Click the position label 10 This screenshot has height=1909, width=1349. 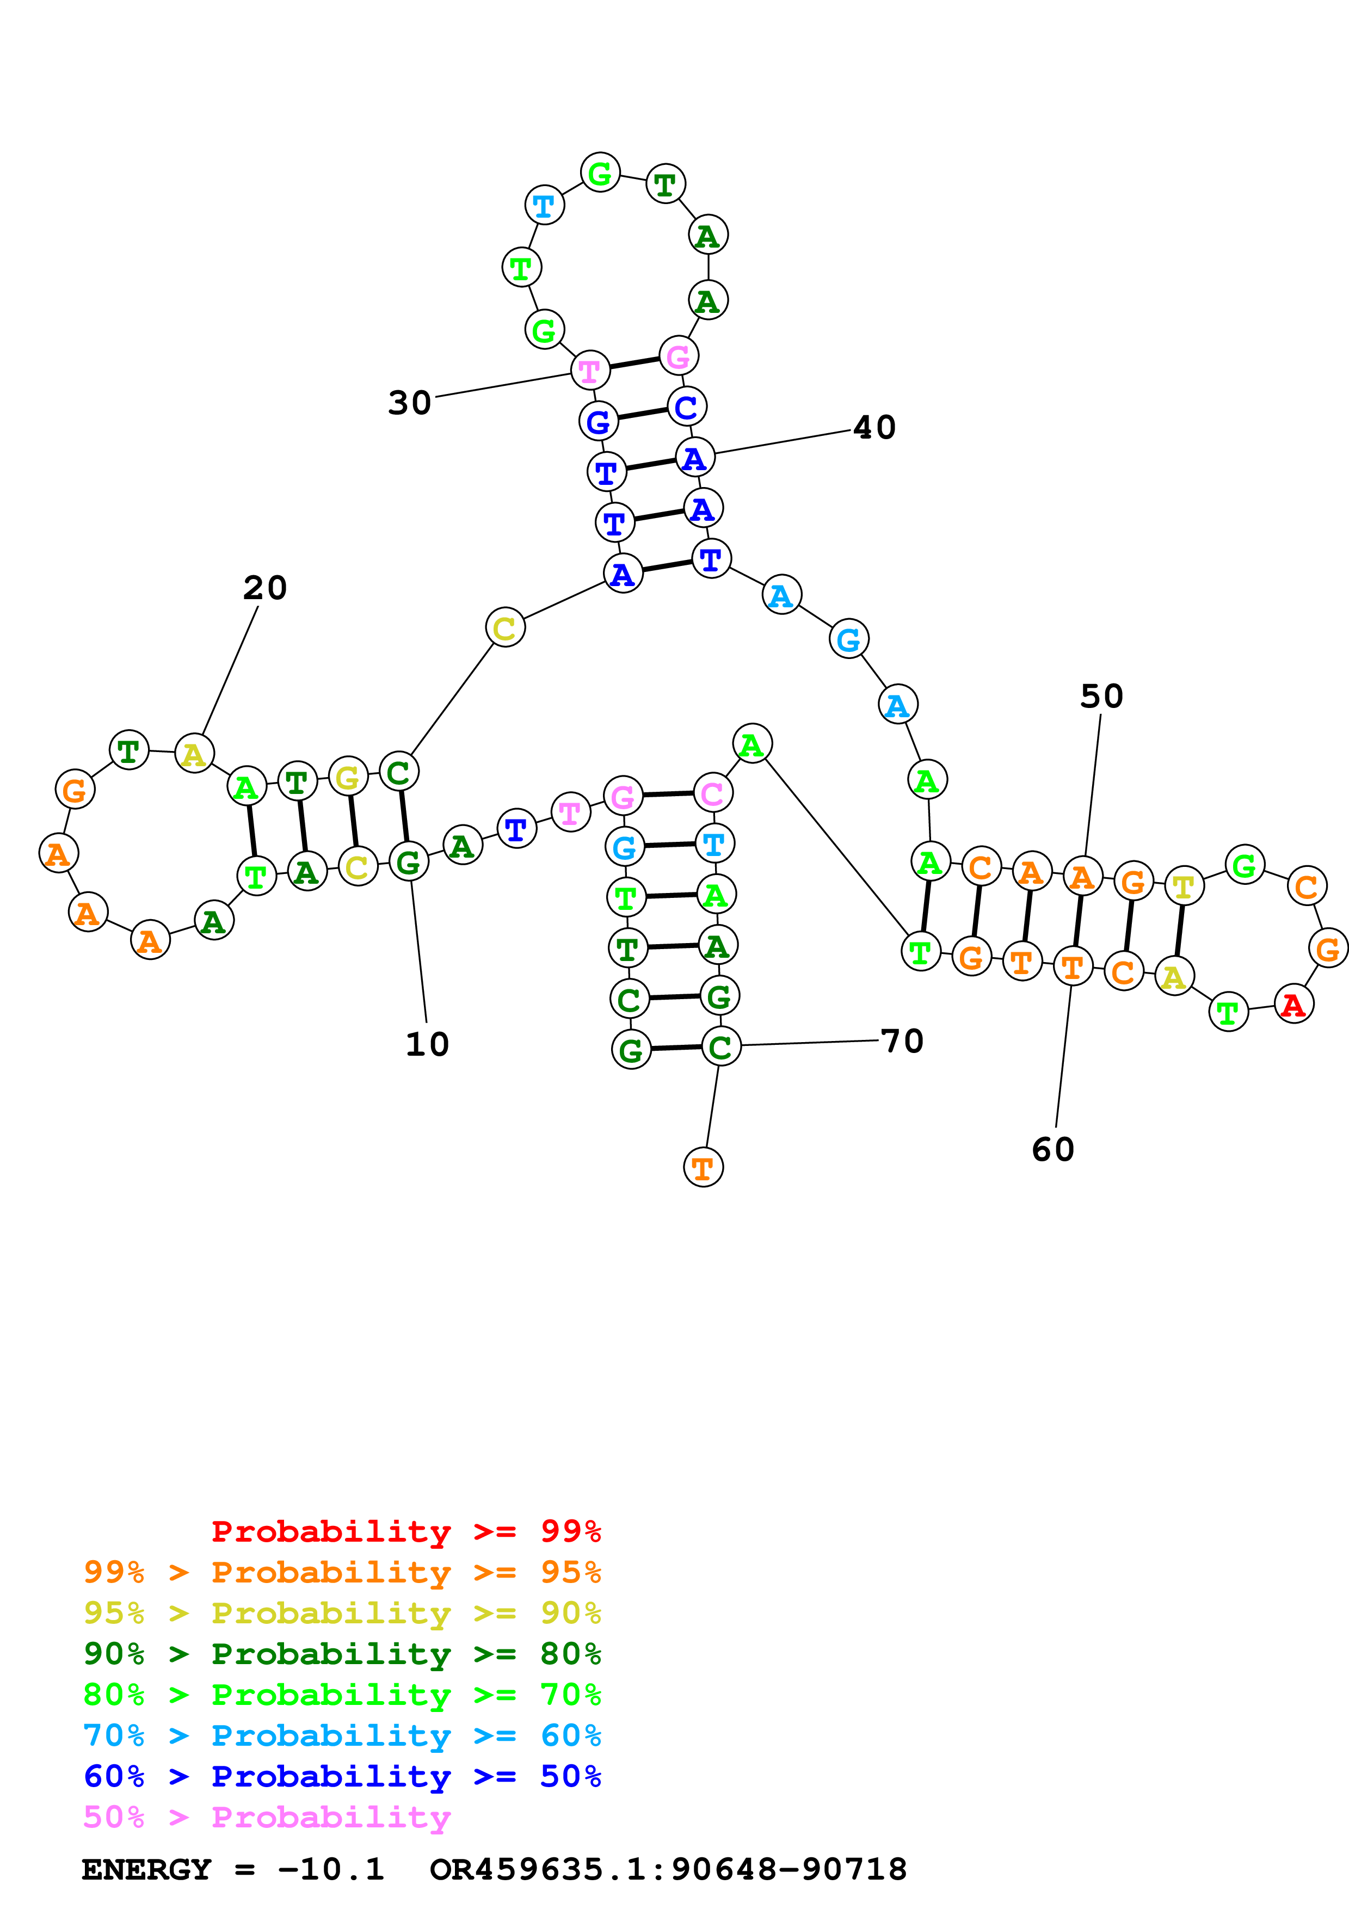point(427,1044)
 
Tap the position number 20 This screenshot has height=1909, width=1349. point(265,588)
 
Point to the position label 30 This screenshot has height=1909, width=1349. point(410,403)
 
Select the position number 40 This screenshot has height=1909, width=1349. point(874,427)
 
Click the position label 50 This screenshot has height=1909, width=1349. point(1101,697)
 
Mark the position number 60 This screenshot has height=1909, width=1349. point(1053,1150)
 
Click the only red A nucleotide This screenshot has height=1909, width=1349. point(1293,1005)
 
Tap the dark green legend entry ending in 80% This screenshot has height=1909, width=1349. point(342,1654)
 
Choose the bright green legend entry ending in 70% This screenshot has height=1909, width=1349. point(342,1695)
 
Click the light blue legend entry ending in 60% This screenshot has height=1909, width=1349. point(342,1736)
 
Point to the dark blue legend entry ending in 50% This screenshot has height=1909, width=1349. point(342,1777)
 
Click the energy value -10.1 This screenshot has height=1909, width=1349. point(331,1870)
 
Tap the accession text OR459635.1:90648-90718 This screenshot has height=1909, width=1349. point(668,1870)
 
